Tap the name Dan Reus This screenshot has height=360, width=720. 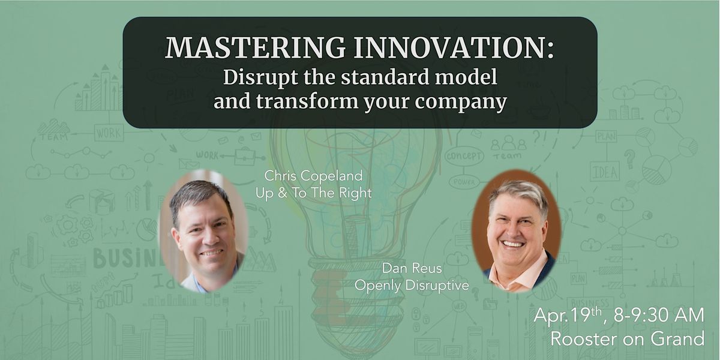coord(411,269)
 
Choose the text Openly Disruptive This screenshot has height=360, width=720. coord(412,286)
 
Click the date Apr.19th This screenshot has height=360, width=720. coord(570,316)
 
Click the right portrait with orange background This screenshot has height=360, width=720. coord(516,230)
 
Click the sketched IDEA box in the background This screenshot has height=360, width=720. coord(605,172)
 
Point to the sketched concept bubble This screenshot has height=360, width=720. coord(464,156)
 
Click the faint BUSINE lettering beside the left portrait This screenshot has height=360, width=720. coord(125,258)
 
